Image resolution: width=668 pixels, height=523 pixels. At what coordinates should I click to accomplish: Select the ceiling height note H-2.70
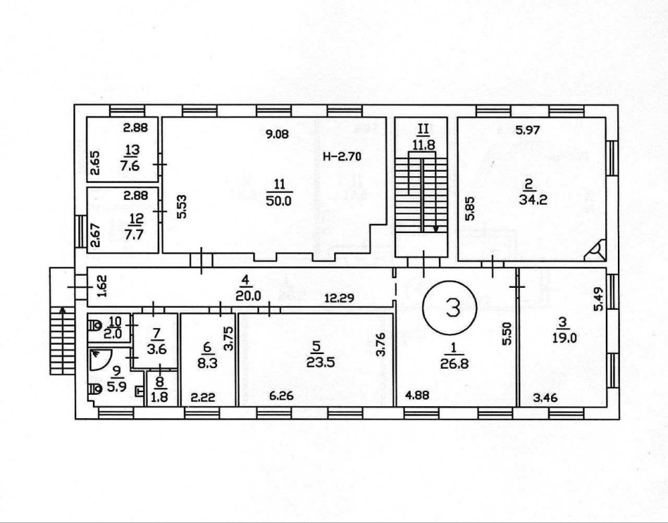click(341, 157)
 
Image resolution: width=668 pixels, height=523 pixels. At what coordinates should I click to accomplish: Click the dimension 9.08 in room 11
click(277, 134)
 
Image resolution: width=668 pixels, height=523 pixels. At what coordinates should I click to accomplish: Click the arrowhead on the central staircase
click(436, 228)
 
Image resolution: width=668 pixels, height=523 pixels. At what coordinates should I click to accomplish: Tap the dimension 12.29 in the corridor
click(339, 298)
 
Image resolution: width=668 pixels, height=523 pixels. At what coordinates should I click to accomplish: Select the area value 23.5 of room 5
click(321, 363)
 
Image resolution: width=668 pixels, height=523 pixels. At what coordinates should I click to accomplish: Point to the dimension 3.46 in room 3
click(545, 399)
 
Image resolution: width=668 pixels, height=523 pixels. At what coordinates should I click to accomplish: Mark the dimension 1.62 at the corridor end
click(103, 286)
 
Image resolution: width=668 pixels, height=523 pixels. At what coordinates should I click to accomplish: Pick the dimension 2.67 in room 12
click(96, 236)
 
